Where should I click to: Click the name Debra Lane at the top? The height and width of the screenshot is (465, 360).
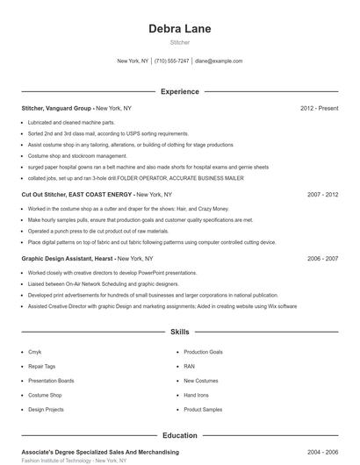(180, 28)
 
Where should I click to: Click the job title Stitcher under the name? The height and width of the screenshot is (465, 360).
(180, 42)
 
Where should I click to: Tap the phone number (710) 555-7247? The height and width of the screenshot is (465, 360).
(171, 61)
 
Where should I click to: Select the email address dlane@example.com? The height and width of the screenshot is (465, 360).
(219, 61)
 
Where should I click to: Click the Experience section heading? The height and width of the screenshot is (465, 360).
(180, 91)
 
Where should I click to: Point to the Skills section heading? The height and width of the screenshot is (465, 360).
(180, 333)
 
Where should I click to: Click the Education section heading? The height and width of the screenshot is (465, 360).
(180, 435)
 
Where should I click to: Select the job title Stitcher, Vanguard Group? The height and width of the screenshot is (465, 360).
(57, 108)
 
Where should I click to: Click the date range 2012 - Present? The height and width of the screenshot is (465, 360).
(319, 108)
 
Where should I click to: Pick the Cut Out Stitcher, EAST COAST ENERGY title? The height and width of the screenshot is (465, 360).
(77, 194)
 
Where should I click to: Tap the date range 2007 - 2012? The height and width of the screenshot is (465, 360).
(322, 194)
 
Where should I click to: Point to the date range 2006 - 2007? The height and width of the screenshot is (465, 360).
(322, 259)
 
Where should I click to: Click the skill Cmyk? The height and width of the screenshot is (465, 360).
(34, 352)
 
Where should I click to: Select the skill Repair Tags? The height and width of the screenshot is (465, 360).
(41, 366)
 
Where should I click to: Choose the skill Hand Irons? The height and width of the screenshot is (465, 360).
(196, 395)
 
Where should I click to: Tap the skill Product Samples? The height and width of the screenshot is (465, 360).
(203, 409)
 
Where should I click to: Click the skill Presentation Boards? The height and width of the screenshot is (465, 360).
(51, 381)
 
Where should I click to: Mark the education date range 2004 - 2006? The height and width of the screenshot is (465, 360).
(322, 452)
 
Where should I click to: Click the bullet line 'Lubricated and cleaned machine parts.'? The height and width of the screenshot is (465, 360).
(71, 122)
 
